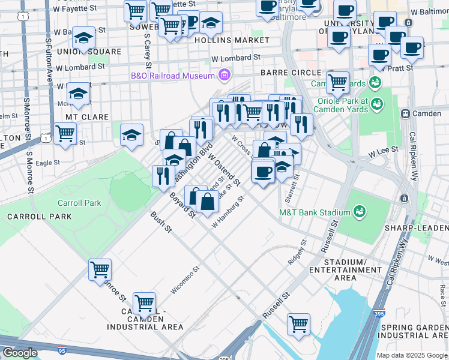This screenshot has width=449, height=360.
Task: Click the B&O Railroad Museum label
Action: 173,76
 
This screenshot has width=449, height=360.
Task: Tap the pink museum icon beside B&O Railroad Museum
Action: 224,76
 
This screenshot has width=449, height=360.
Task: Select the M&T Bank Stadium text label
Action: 315,212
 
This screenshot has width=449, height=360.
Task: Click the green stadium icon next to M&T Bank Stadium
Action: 360,212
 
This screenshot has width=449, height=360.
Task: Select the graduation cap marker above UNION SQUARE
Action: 83,38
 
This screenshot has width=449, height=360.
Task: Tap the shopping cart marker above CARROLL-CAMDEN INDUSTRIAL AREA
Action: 145,303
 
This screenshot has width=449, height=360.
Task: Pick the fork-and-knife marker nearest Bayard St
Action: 163,176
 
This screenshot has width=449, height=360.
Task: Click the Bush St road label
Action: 161,223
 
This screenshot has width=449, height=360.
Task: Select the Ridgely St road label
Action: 297,253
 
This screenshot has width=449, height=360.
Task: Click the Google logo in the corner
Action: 20,353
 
